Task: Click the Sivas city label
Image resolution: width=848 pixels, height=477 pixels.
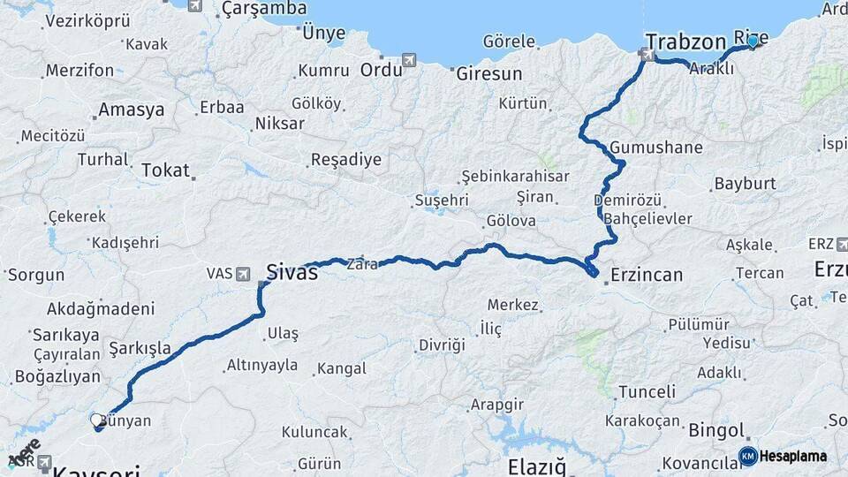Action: [x=292, y=269]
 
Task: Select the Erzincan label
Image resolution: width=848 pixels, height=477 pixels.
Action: [x=646, y=275]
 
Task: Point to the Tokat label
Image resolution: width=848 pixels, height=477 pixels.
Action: [x=165, y=170]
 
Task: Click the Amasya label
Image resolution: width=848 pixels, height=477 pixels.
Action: [x=132, y=110]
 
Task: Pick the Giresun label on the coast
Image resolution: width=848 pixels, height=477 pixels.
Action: [x=489, y=74]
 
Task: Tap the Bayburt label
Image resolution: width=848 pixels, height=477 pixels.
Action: [x=745, y=184]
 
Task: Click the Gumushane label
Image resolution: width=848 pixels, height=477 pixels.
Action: [x=655, y=148]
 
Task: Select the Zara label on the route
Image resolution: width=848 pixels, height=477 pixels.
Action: [x=363, y=263]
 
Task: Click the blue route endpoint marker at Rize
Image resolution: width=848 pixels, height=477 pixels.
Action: [x=753, y=41]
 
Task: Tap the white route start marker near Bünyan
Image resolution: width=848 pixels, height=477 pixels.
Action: [x=96, y=420]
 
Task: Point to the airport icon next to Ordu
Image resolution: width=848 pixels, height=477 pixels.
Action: [x=409, y=59]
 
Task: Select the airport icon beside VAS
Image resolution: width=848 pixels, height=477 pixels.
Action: [x=242, y=274]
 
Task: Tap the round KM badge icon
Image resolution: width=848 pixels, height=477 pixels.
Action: [x=748, y=456]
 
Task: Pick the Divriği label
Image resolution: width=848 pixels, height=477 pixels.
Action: [x=442, y=344]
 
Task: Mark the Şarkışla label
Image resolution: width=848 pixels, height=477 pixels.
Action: [x=140, y=348]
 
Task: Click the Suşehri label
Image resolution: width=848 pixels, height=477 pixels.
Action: [x=441, y=201]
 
